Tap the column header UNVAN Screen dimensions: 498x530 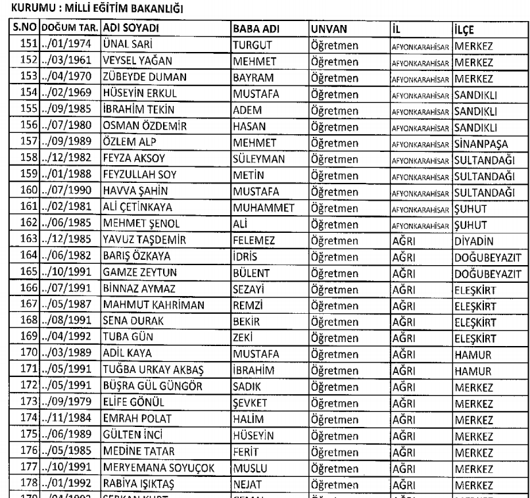[x=328, y=30]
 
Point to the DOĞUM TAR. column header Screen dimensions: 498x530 [x=70, y=30]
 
